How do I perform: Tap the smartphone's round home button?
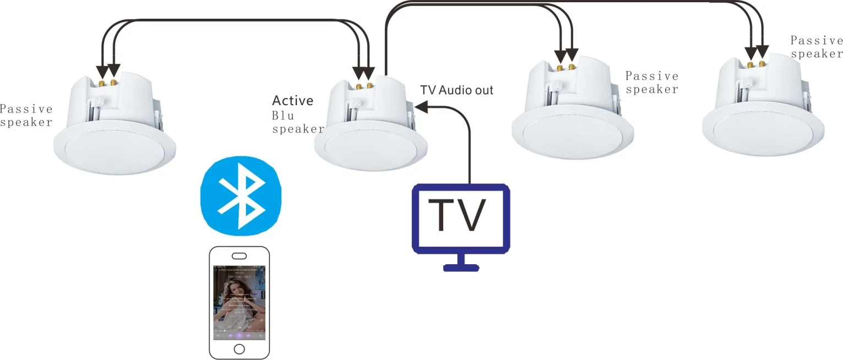click(239, 349)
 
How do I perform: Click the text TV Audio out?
click(456, 90)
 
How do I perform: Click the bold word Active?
click(293, 101)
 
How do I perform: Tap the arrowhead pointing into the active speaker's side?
click(420, 109)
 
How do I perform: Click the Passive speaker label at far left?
click(26, 116)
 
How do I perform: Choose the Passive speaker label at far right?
click(817, 47)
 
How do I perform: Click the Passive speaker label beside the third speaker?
click(652, 83)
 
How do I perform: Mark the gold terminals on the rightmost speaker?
click(756, 64)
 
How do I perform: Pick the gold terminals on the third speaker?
click(565, 67)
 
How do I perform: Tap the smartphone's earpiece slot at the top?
click(240, 256)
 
